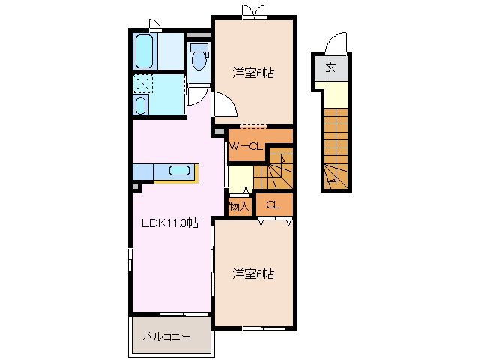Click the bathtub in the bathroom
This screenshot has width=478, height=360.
point(145,50)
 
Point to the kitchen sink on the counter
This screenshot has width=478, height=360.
point(179,171)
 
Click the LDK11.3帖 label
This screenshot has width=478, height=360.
point(171,223)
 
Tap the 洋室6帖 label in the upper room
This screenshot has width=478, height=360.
point(252,73)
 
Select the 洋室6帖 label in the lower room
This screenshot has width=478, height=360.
point(252,274)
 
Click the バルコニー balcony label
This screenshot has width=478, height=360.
point(166,337)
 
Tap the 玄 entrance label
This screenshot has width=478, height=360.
point(330,68)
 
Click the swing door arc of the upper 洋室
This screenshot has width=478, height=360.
point(226,104)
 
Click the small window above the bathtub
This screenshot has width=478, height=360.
point(152,22)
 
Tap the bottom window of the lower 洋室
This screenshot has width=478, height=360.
point(252,328)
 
